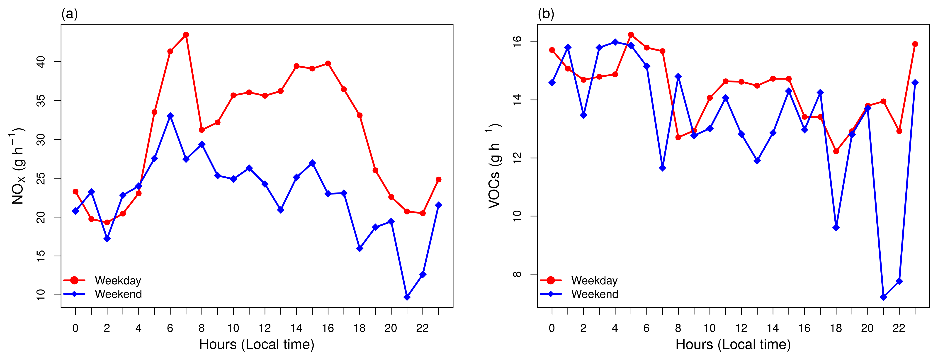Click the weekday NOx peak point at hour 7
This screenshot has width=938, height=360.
coord(186,35)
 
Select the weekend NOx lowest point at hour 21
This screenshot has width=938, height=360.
coord(407,297)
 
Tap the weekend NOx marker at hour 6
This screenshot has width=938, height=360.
coord(170,116)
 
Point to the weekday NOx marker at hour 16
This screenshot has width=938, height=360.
coord(328,64)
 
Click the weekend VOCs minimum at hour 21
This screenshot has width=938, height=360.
coord(883,297)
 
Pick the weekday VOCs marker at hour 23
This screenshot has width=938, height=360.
coord(915,44)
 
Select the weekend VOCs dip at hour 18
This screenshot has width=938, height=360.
coord(836,228)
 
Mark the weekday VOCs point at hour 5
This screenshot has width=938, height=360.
coord(631,35)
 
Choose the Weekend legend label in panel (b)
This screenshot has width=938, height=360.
coord(595,294)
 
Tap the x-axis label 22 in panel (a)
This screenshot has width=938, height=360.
coord(422,328)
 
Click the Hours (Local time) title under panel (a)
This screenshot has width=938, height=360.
coord(257,344)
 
